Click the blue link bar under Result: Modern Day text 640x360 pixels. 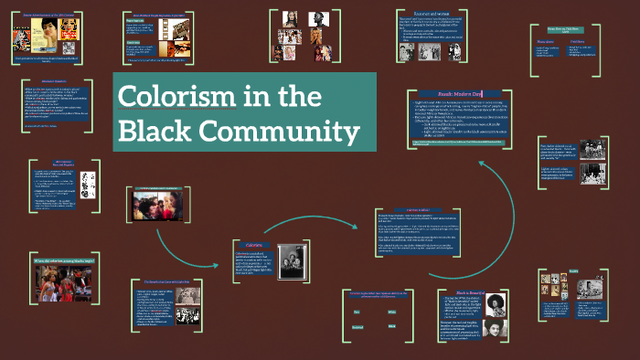click(476, 145)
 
